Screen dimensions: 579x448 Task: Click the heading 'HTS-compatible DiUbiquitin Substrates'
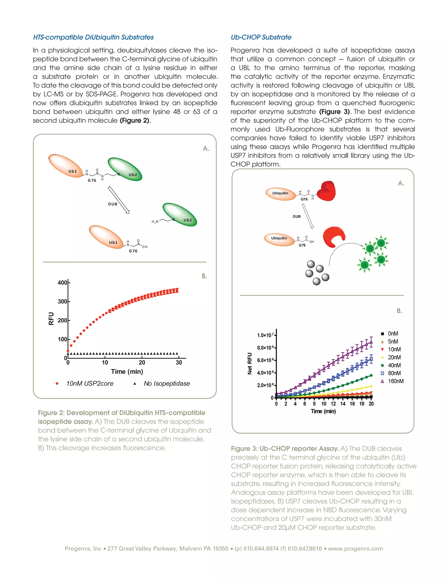pyautogui.click(x=93, y=37)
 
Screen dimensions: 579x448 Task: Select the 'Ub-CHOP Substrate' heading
pyautogui.click(x=261, y=37)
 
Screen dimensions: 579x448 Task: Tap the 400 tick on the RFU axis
pyautogui.click(x=62, y=283)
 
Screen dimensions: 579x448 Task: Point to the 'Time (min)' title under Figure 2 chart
pyautogui.click(x=127, y=371)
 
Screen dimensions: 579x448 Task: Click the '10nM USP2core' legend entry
pyautogui.click(x=89, y=383)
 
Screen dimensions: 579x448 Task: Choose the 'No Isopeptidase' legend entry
pyautogui.click(x=166, y=383)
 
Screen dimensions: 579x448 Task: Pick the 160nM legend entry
pyautogui.click(x=395, y=381)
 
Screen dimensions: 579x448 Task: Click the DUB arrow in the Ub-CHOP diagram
pyautogui.click(x=308, y=216)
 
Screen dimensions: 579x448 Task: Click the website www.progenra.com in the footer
pyautogui.click(x=355, y=548)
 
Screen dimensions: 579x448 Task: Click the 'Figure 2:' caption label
pyautogui.click(x=51, y=413)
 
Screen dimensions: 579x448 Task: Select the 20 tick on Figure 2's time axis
pyautogui.click(x=142, y=362)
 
